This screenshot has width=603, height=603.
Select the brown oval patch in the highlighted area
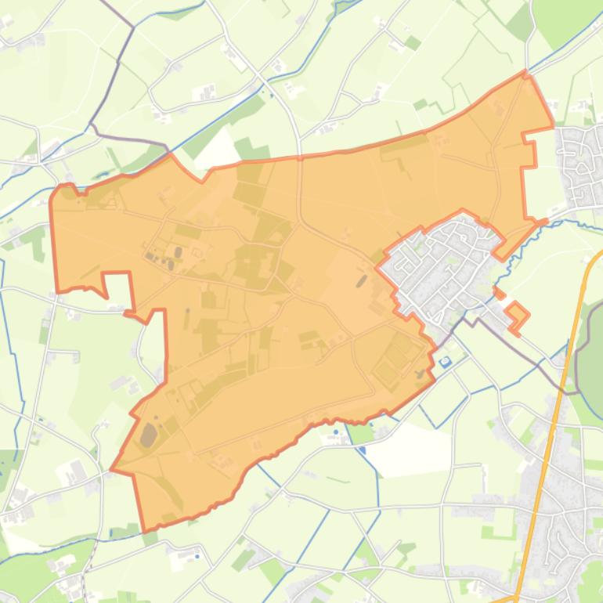click(x=147, y=435)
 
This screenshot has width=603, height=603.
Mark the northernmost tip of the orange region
click(x=527, y=74)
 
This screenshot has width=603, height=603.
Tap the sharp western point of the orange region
click(x=112, y=470)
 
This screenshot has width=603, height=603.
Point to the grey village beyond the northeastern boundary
click(x=580, y=164)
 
